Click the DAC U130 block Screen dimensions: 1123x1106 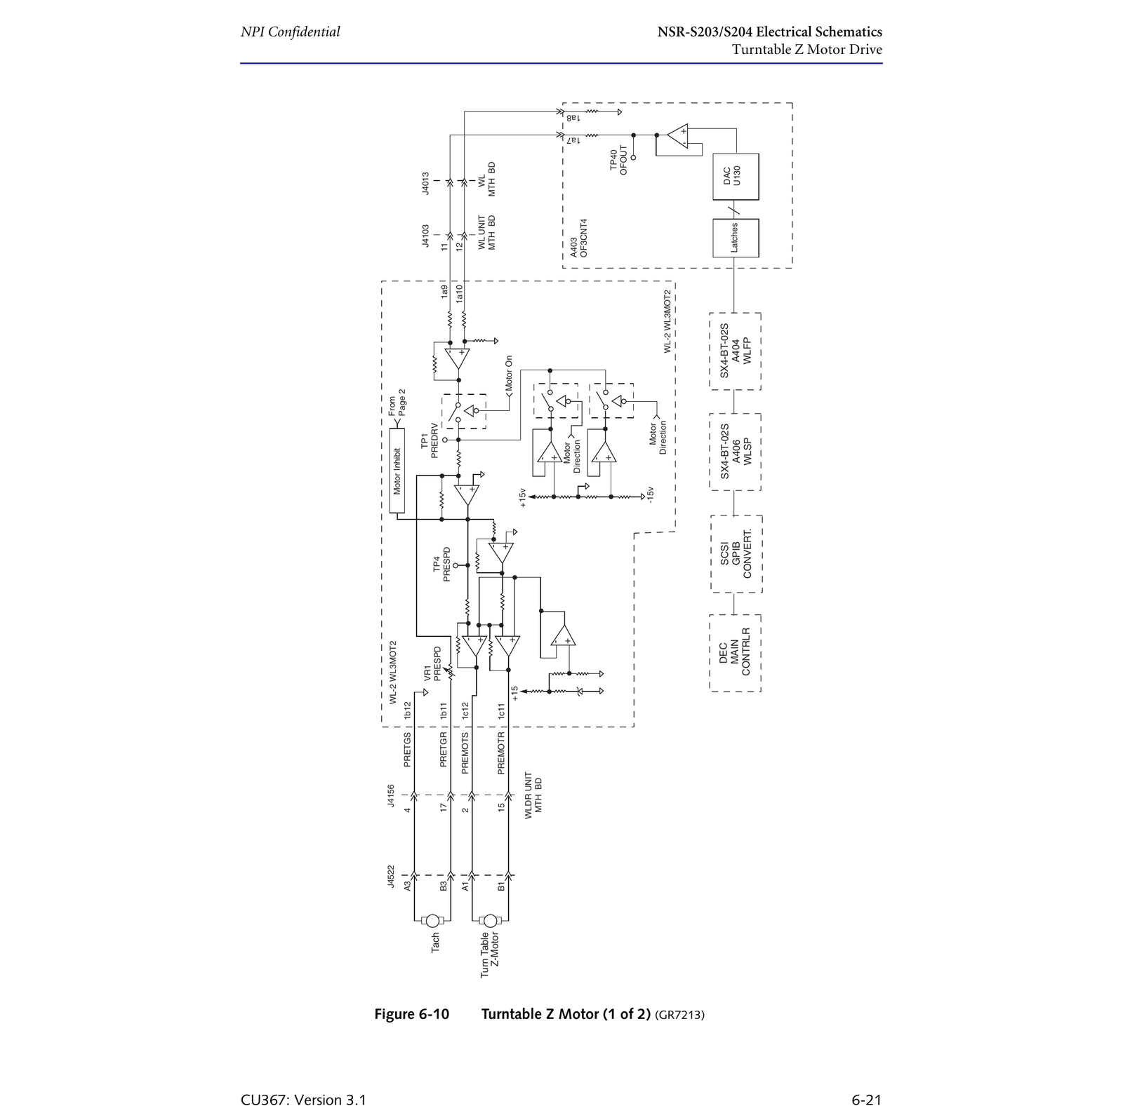point(736,177)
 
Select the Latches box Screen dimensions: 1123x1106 point(736,238)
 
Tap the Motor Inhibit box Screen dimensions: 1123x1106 point(397,471)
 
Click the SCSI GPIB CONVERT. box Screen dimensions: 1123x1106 point(736,554)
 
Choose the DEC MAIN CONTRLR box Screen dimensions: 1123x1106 point(736,653)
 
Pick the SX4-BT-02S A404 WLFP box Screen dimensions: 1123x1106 point(736,351)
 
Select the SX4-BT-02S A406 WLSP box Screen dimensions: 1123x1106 point(736,452)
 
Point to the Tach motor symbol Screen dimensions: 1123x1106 point(433,921)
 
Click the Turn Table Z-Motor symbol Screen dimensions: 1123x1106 point(491,921)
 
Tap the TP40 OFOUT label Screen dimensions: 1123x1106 point(618,161)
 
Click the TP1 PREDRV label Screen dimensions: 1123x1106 point(429,440)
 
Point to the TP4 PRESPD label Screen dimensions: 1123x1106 point(441,565)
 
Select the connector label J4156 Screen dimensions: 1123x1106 point(391,796)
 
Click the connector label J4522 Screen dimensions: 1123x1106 point(391,877)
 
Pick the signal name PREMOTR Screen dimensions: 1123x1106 point(501,753)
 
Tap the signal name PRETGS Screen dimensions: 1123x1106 point(407,750)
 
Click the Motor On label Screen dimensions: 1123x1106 point(509,373)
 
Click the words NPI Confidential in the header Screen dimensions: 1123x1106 point(290,32)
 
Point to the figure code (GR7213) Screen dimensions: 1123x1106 point(679,1015)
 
